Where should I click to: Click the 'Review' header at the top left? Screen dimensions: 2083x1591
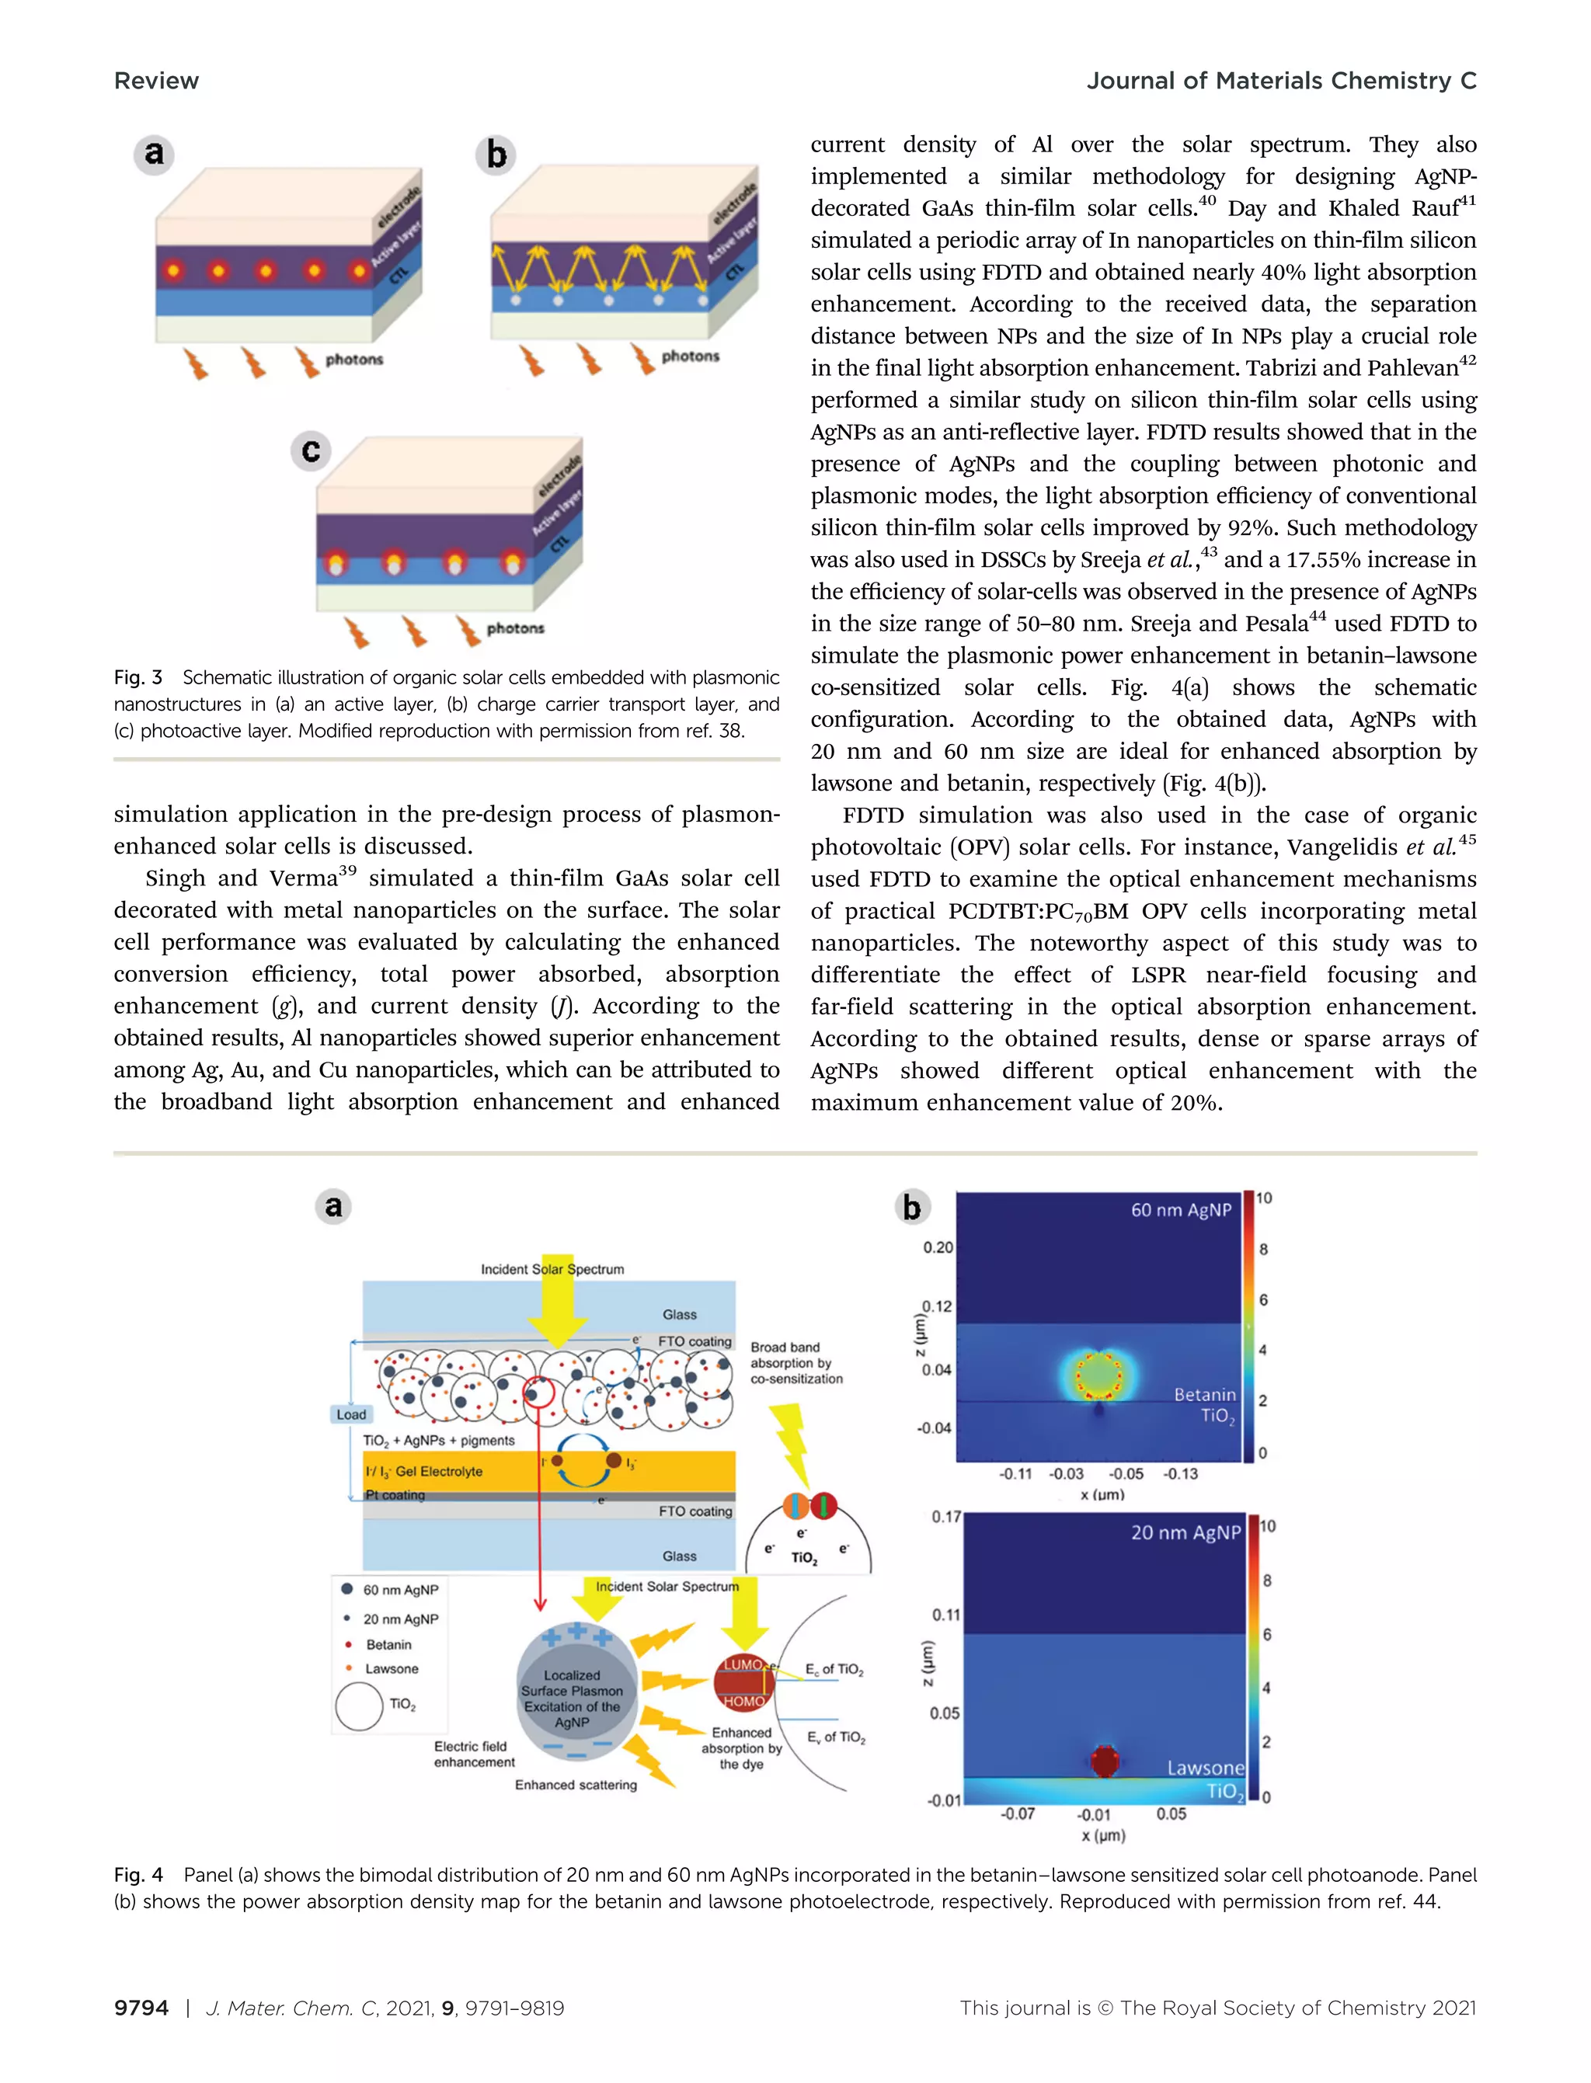point(156,82)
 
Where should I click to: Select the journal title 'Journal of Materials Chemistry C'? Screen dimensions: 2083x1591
point(1280,82)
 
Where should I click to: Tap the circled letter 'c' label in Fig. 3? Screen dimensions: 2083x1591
point(311,450)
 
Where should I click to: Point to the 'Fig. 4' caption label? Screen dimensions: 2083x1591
point(138,1875)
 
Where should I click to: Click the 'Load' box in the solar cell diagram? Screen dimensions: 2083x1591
point(350,1414)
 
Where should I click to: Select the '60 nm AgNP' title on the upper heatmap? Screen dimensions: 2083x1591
point(1181,1210)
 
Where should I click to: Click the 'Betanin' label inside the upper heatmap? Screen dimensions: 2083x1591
point(1205,1395)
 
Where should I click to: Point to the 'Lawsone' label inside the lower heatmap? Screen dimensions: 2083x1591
point(1205,1768)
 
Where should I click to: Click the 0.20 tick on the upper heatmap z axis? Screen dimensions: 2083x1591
point(938,1247)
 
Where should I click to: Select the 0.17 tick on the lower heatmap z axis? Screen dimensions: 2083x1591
point(946,1517)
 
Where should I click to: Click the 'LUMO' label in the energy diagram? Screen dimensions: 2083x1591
point(743,1664)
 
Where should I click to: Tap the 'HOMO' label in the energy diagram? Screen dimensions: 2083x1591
point(743,1702)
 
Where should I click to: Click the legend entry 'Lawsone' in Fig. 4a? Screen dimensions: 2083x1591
point(391,1668)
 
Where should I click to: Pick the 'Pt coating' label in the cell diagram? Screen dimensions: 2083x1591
point(396,1495)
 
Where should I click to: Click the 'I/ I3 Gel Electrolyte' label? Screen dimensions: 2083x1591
point(424,1471)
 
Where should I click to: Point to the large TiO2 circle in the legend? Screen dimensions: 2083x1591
point(359,1706)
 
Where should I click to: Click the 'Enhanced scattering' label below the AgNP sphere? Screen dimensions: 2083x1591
point(576,1785)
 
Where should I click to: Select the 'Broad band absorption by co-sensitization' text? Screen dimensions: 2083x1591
point(795,1362)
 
